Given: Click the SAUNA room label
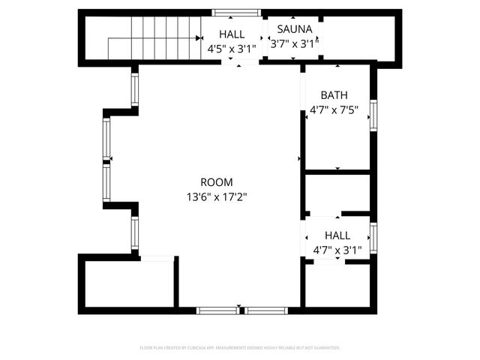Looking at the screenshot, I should click(295, 30).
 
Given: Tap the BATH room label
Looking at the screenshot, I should click(334, 95).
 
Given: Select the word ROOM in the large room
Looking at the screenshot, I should click(217, 182).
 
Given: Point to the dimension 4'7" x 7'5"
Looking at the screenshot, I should click(334, 109).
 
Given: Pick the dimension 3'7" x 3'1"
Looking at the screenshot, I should click(295, 43).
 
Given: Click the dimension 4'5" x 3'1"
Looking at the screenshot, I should click(232, 48).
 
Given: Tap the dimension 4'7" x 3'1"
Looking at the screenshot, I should click(337, 250).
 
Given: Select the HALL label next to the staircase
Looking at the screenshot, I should click(232, 34).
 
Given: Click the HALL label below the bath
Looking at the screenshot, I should click(337, 235).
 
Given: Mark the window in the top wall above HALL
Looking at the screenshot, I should click(236, 13).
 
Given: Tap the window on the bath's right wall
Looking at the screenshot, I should click(373, 115).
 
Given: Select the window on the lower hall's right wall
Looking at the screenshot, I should click(373, 237).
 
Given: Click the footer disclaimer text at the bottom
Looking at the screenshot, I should click(240, 348).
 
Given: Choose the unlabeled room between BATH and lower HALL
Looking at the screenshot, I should click(337, 193).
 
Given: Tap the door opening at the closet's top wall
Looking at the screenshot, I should click(157, 259).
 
